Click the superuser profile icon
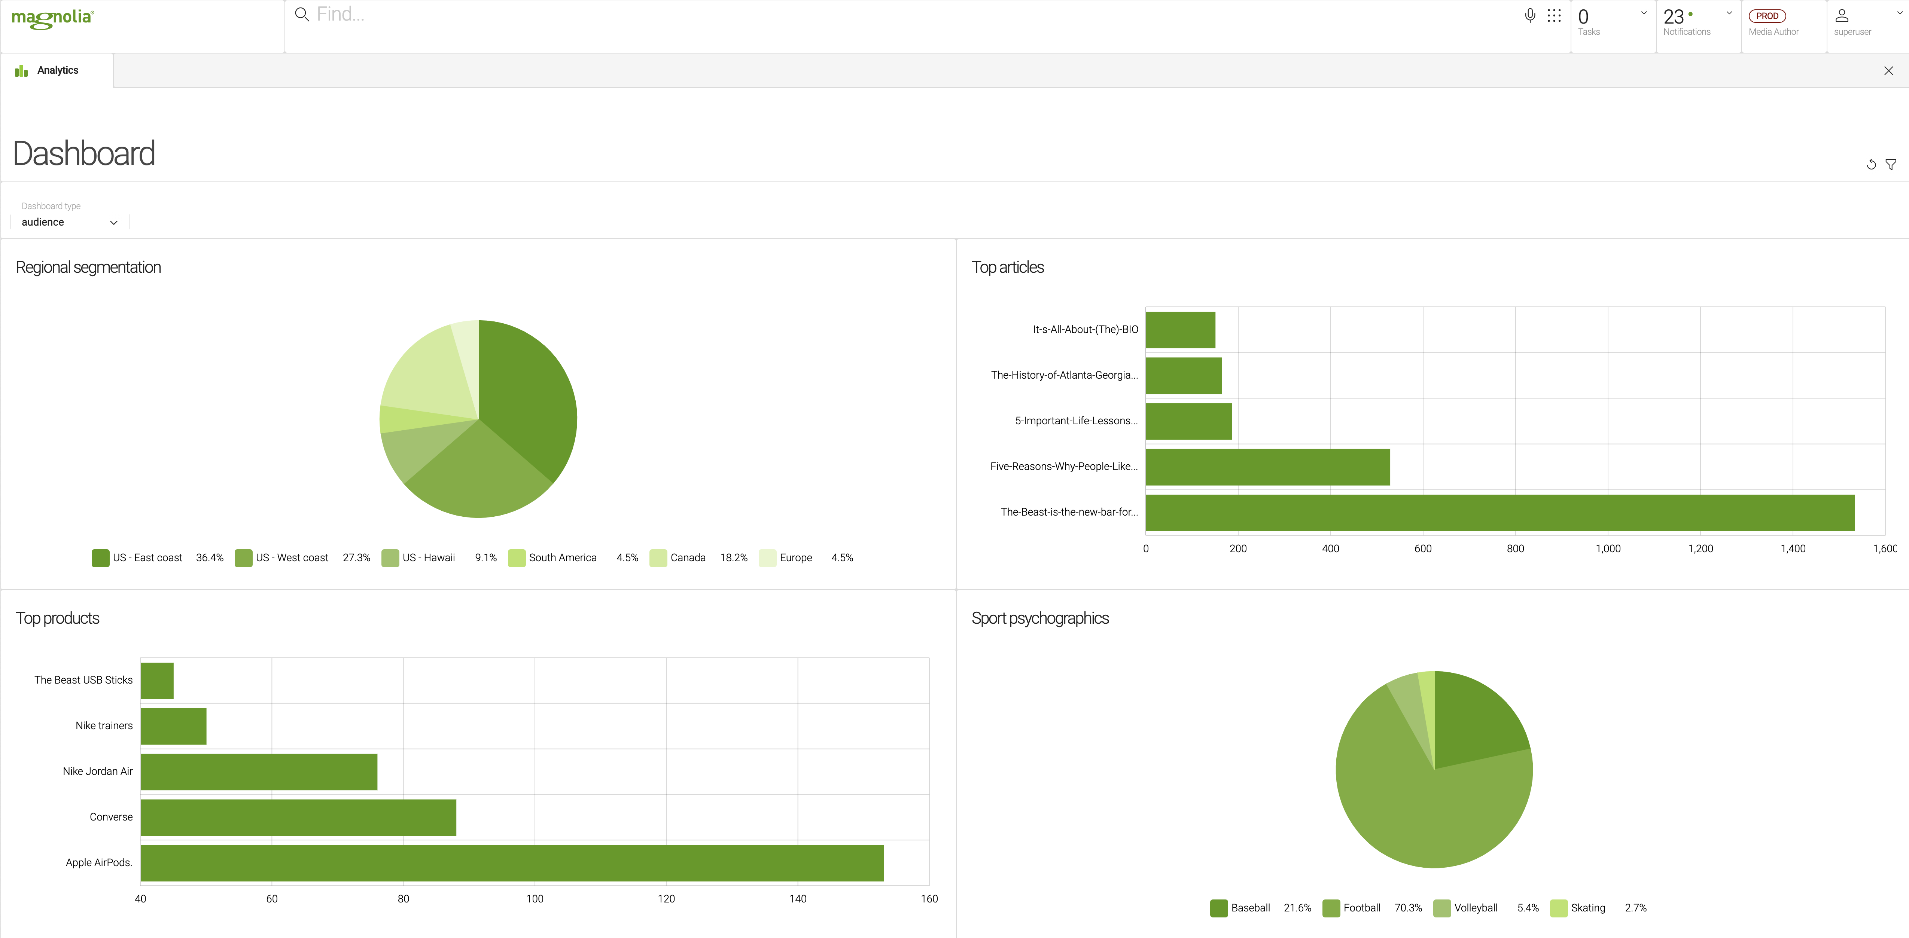coord(1842,16)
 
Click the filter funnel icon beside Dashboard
coord(1891,165)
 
